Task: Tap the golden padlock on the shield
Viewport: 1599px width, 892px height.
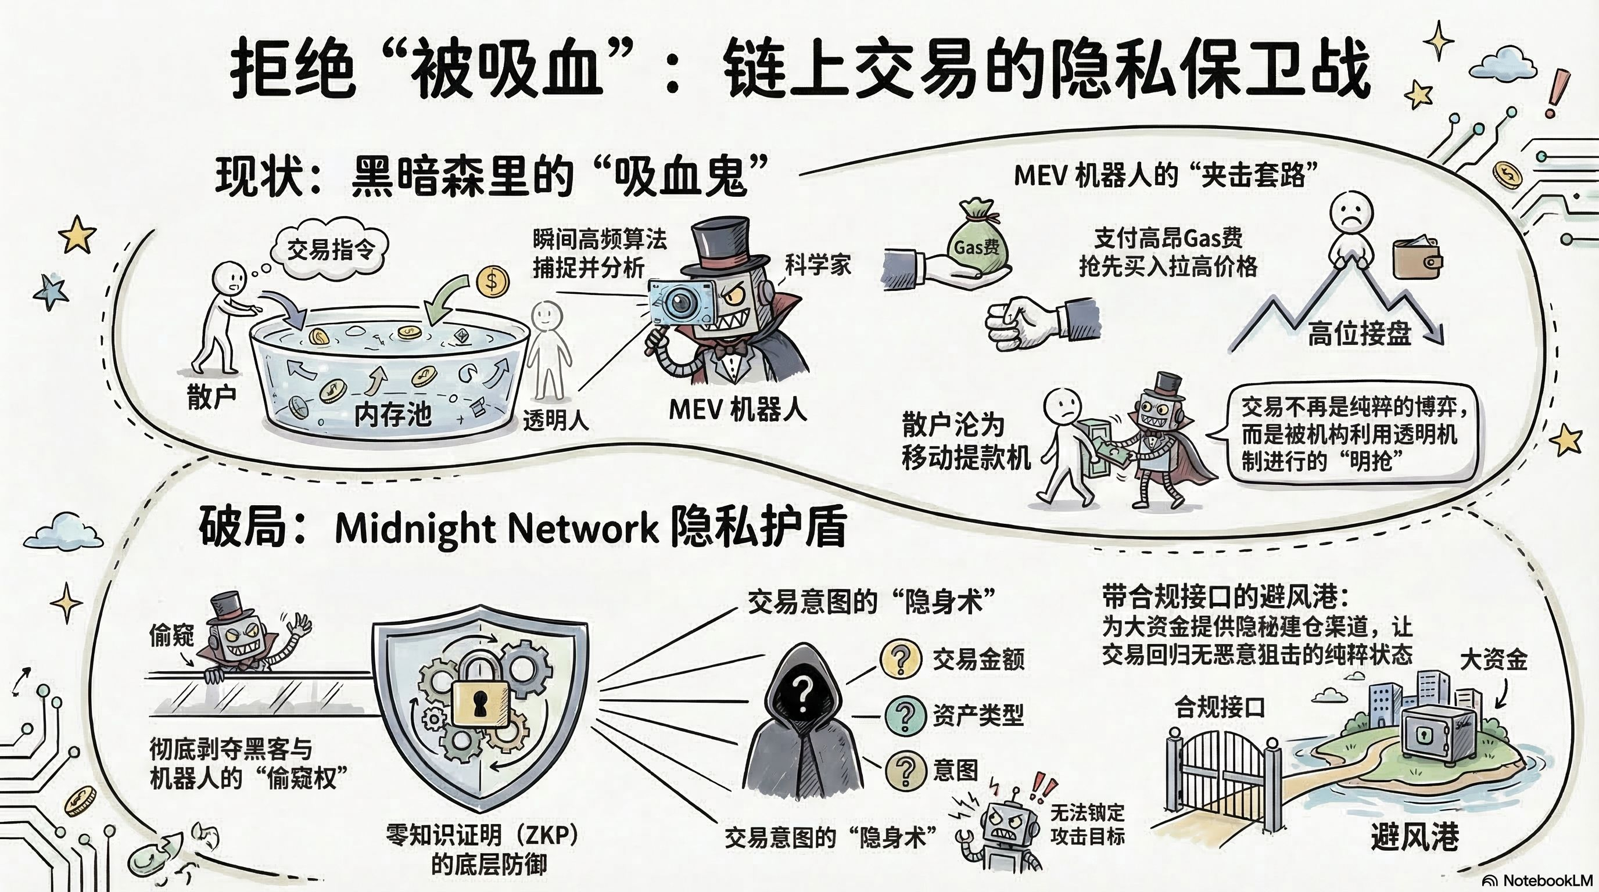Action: (x=479, y=700)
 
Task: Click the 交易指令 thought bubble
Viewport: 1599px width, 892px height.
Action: (x=329, y=250)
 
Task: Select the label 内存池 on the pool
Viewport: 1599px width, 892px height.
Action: (x=392, y=413)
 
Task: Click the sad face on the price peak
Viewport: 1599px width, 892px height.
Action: (x=1351, y=212)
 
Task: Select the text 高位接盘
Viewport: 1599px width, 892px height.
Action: (x=1360, y=333)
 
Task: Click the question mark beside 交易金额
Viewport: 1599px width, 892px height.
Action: (x=901, y=659)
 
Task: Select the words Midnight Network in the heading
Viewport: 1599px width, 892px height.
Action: (x=496, y=528)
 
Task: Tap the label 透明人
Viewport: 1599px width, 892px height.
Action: (x=555, y=420)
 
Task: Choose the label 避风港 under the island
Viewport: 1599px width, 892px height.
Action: (x=1415, y=837)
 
